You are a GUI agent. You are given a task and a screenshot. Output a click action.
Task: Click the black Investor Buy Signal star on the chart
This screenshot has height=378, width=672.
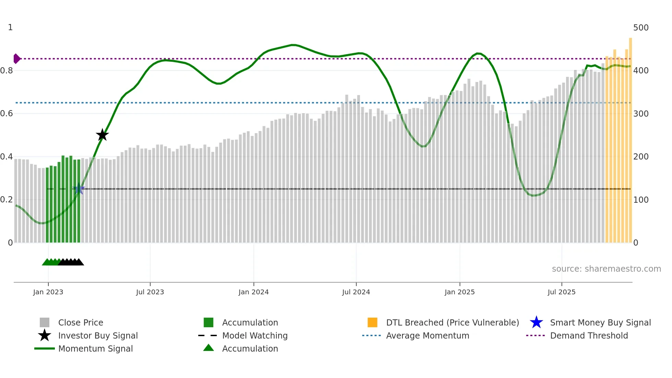pyautogui.click(x=102, y=135)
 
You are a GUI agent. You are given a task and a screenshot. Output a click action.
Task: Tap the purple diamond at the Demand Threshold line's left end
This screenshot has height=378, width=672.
pyautogui.click(x=16, y=59)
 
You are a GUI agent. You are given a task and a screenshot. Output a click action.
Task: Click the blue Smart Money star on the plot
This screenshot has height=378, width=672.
pyautogui.click(x=79, y=189)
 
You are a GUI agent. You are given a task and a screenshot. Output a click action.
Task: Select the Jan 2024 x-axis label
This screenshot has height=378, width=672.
pyautogui.click(x=253, y=292)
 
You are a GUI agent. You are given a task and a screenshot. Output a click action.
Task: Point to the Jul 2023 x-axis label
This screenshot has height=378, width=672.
pyautogui.click(x=150, y=292)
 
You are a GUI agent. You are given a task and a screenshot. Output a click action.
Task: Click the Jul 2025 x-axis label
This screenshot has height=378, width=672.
pyautogui.click(x=561, y=292)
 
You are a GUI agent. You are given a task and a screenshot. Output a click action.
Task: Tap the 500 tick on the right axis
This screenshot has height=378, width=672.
pyautogui.click(x=640, y=27)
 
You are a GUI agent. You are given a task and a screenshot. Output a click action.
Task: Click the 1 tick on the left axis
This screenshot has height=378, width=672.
pyautogui.click(x=10, y=27)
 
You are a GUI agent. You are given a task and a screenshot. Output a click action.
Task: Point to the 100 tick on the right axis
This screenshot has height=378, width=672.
pyautogui.click(x=640, y=200)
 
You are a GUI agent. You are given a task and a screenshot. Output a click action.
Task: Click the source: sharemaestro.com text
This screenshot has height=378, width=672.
pyautogui.click(x=606, y=269)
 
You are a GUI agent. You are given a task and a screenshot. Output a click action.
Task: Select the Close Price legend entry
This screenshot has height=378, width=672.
pyautogui.click(x=81, y=322)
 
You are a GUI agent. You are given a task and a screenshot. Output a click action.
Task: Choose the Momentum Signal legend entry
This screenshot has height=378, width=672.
pyautogui.click(x=95, y=349)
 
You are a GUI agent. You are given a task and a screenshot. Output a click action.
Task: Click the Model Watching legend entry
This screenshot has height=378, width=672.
pyautogui.click(x=255, y=335)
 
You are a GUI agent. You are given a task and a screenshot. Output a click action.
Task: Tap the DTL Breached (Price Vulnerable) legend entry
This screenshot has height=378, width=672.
pyautogui.click(x=452, y=322)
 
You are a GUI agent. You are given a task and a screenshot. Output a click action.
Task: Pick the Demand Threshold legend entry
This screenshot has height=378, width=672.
pyautogui.click(x=589, y=335)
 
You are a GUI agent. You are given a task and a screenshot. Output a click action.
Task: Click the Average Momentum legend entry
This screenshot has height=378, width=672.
pyautogui.click(x=427, y=335)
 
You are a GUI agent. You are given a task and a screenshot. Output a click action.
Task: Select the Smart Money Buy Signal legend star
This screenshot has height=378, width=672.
pyautogui.click(x=536, y=322)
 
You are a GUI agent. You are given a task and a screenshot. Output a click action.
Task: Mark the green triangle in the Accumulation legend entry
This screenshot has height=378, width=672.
pyautogui.click(x=208, y=348)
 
